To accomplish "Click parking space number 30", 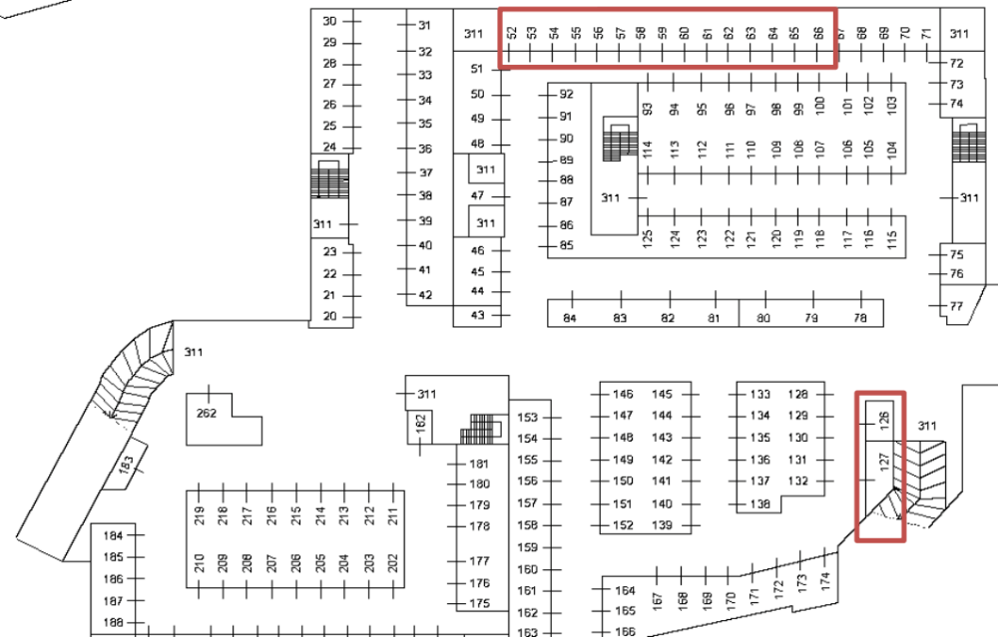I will click(x=329, y=21).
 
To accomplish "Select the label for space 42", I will click(x=425, y=295).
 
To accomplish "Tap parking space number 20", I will click(x=329, y=317).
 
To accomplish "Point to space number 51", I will click(x=477, y=69).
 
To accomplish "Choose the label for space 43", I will click(x=477, y=315).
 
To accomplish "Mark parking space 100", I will click(x=818, y=106).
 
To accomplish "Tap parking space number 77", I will click(x=956, y=306).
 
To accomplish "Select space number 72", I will click(x=956, y=63).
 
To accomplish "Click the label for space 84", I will click(x=571, y=317).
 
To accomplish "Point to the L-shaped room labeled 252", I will click(x=208, y=413).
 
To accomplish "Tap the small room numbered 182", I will click(x=421, y=423).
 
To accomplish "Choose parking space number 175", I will click(x=479, y=604).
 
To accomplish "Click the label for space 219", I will click(x=199, y=515).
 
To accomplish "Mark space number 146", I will click(x=624, y=394).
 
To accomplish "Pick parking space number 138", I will click(x=761, y=503).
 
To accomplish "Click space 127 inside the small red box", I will click(x=883, y=464).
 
